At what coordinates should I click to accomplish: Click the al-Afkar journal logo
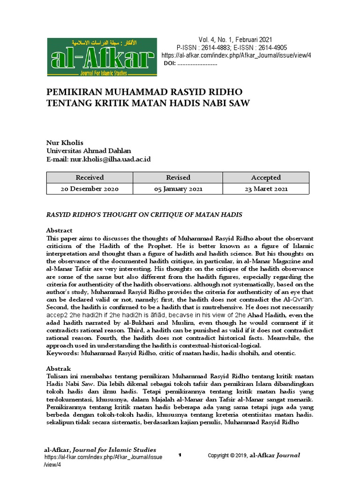102,57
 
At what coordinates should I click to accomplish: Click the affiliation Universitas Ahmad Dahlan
89,150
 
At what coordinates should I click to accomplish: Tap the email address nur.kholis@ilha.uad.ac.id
110,159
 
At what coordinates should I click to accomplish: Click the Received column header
90,177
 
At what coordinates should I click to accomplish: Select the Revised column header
178,177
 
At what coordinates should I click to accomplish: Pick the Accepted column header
266,177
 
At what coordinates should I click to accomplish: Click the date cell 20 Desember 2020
90,189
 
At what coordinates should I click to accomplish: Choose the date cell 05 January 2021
178,189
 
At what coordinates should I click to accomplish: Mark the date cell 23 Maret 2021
266,189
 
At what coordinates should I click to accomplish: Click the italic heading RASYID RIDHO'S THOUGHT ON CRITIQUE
143,214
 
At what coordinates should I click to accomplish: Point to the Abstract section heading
59,230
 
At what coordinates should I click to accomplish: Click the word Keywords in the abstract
62,352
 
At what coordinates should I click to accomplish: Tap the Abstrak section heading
58,368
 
